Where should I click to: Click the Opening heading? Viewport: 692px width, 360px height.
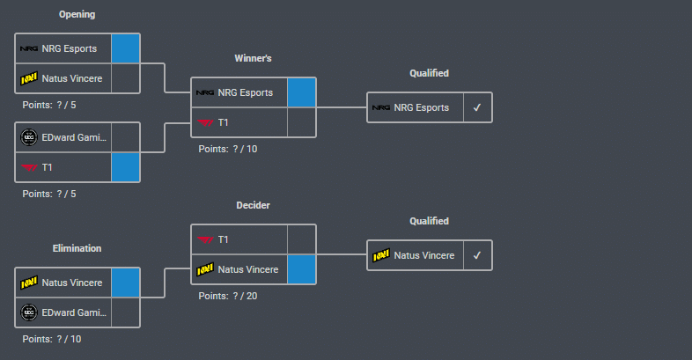tap(77, 15)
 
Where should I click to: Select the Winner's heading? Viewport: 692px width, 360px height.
tap(253, 58)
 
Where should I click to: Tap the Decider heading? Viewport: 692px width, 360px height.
tap(253, 205)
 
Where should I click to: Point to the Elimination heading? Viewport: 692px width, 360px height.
tap(77, 248)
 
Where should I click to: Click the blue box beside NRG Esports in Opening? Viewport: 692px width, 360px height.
tap(125, 48)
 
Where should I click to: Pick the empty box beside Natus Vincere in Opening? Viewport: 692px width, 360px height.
tap(125, 78)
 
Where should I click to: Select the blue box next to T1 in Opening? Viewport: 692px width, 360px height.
tap(125, 166)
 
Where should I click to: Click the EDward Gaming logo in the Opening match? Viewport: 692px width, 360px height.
tap(28, 137)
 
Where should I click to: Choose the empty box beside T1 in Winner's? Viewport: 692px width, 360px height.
tap(301, 122)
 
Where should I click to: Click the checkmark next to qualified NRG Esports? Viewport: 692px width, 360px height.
tap(477, 107)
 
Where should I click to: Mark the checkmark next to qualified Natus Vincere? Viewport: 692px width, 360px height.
tap(477, 255)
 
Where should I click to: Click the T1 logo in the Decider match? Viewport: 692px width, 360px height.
tap(204, 239)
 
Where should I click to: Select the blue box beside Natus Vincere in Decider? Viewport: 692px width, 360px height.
tap(301, 269)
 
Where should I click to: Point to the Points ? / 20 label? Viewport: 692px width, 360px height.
tap(228, 296)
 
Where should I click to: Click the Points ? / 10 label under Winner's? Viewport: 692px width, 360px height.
tap(228, 149)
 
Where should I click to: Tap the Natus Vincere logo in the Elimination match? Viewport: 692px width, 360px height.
tap(28, 283)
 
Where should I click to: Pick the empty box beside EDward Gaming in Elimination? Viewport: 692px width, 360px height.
tap(125, 312)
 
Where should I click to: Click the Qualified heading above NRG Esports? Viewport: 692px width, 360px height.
tap(429, 74)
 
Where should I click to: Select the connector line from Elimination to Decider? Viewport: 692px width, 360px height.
tap(166, 283)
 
